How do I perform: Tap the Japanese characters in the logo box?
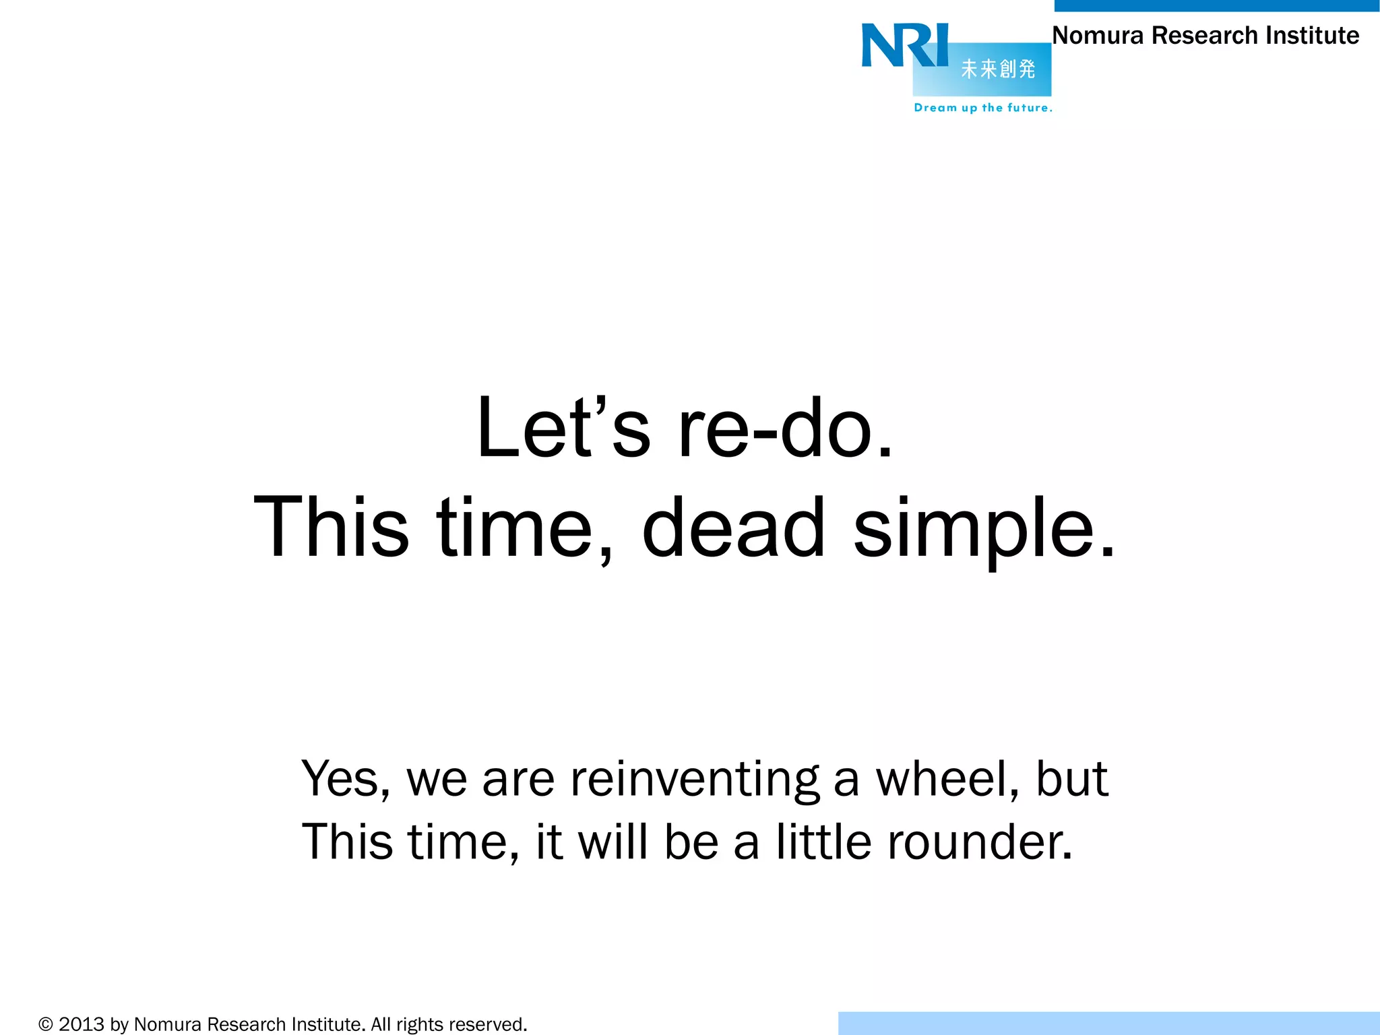click(x=998, y=69)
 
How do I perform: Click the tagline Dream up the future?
click(x=982, y=108)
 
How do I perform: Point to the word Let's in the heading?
click(x=563, y=429)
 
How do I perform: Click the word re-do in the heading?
click(x=786, y=429)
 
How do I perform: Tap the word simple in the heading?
click(x=984, y=529)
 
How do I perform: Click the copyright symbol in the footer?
click(x=46, y=1025)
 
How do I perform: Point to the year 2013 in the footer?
click(x=82, y=1025)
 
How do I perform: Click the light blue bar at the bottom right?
click(x=1108, y=1023)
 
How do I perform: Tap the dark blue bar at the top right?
click(x=1216, y=5)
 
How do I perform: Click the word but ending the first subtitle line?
click(x=1071, y=778)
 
